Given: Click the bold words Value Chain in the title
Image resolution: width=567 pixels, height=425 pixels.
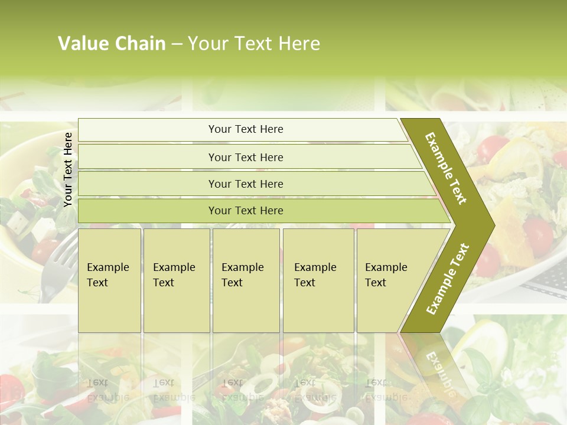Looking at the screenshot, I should (112, 44).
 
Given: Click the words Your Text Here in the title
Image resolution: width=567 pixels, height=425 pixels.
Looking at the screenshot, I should (254, 44).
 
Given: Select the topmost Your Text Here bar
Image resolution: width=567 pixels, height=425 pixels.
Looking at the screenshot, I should (245, 129).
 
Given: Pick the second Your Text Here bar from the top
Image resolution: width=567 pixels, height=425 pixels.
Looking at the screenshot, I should (245, 157).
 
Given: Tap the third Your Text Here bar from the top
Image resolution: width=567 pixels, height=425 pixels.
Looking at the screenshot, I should (245, 184).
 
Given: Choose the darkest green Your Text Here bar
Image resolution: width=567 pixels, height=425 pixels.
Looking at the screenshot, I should (245, 211).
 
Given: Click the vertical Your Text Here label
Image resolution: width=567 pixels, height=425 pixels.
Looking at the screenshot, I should (68, 169).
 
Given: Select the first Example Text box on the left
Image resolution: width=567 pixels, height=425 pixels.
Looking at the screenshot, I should (109, 280).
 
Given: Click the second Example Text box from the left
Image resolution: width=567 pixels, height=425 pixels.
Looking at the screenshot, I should (176, 280).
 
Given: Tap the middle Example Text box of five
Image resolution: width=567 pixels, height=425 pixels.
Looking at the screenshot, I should (246, 280).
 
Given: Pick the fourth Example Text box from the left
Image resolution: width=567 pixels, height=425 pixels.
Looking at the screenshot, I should (318, 280).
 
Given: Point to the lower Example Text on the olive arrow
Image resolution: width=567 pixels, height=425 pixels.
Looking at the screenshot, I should (447, 279).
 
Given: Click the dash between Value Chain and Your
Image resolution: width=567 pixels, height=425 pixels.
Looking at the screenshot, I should (177, 44).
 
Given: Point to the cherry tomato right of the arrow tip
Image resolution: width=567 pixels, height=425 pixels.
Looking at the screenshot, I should (537, 236).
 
